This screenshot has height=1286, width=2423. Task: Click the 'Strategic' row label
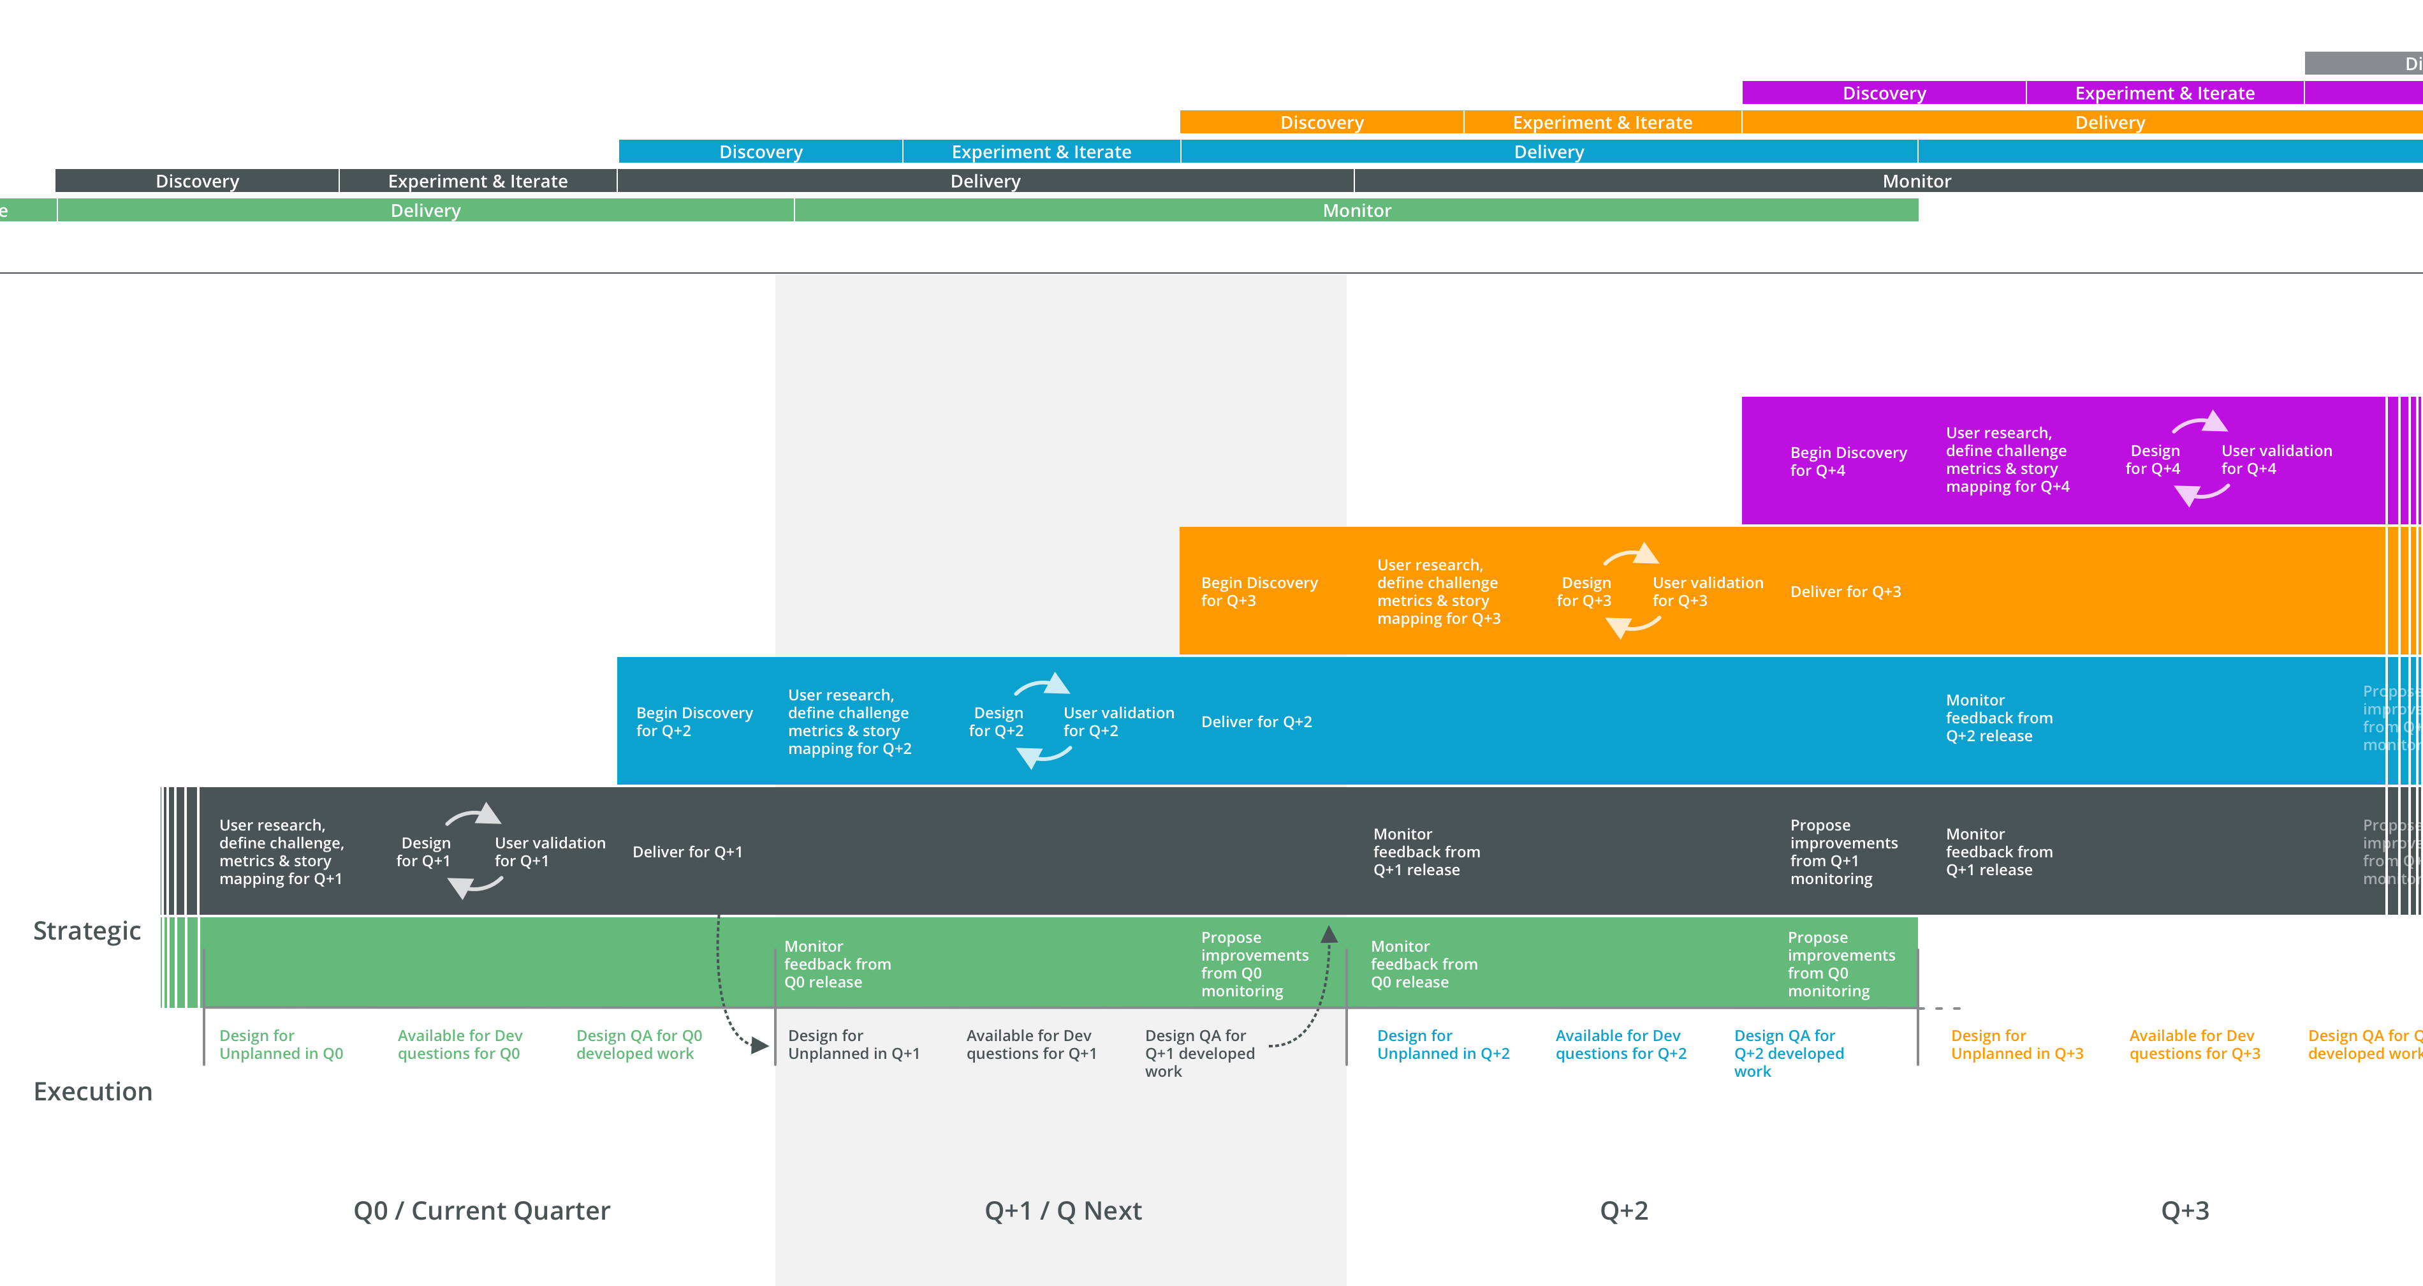pyautogui.click(x=87, y=931)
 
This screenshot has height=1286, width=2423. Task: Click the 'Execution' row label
pyautogui.click(x=92, y=1091)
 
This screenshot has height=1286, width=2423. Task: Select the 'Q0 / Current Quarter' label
pyautogui.click(x=481, y=1211)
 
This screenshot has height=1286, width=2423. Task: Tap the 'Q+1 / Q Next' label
pyautogui.click(x=1063, y=1211)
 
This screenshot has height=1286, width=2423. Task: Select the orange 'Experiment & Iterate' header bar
pyautogui.click(x=1601, y=122)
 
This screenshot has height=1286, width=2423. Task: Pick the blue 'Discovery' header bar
pyautogui.click(x=760, y=151)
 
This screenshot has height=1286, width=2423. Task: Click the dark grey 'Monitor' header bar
pyautogui.click(x=1916, y=181)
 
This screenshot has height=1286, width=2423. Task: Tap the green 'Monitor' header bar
pyautogui.click(x=1356, y=210)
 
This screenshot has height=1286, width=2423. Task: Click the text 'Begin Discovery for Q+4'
pyautogui.click(x=1847, y=461)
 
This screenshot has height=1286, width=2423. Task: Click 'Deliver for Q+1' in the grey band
pyautogui.click(x=687, y=852)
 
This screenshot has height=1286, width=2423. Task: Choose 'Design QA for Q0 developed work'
pyautogui.click(x=639, y=1044)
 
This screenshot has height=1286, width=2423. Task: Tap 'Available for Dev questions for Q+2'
pyautogui.click(x=1620, y=1044)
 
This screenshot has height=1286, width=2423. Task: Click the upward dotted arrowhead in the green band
pyautogui.click(x=1328, y=934)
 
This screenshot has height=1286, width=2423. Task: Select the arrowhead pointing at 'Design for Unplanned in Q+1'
pyautogui.click(x=760, y=1045)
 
